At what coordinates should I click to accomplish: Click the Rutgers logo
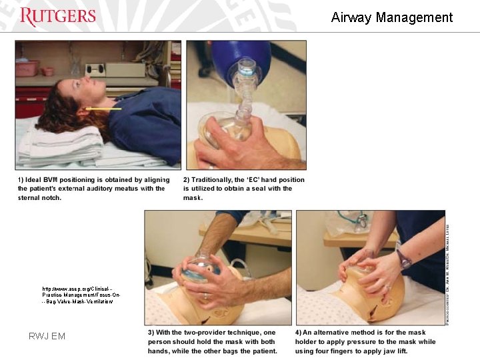[x=58, y=17]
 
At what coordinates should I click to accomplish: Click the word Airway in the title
[x=351, y=18]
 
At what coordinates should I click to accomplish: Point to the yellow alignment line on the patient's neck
[x=103, y=107]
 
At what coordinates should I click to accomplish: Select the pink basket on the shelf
[x=27, y=68]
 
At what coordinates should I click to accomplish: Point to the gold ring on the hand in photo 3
[x=205, y=296]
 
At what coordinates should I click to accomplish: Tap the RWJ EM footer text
[x=47, y=336]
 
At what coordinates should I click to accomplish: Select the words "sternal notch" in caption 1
[x=40, y=198]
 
